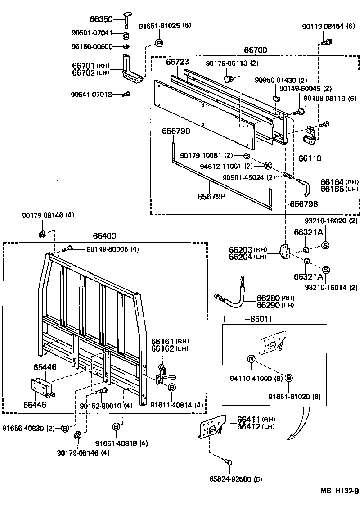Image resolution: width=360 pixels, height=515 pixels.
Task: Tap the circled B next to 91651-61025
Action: pyautogui.click(x=159, y=43)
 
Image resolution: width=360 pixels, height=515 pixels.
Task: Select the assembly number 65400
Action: pyautogui.click(x=104, y=236)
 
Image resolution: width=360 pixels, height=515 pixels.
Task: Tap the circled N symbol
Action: pyautogui.click(x=252, y=359)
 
